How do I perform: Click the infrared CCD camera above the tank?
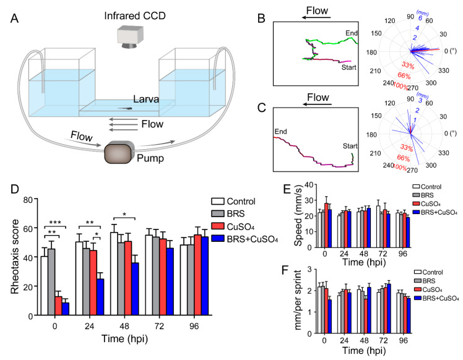click(130, 37)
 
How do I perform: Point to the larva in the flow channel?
click(125, 109)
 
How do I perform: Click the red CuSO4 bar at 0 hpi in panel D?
click(58, 306)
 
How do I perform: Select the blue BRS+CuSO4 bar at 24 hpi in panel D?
click(100, 297)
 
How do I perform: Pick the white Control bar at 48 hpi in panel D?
click(114, 274)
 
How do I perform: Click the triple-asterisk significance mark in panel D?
click(55, 223)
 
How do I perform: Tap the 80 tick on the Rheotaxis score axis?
click(28, 200)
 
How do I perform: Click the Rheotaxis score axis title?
click(15, 257)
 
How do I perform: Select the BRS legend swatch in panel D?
click(218, 213)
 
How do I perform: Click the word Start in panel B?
click(348, 67)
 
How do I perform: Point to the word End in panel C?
click(280, 132)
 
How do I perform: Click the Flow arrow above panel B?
click(316, 18)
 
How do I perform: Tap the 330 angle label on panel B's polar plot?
click(443, 71)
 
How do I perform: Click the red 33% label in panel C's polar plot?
click(407, 147)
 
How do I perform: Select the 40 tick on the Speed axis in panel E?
click(308, 185)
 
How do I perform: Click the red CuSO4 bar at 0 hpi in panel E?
click(326, 225)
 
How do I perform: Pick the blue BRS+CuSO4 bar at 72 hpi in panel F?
click(389, 309)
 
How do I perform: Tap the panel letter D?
click(15, 189)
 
